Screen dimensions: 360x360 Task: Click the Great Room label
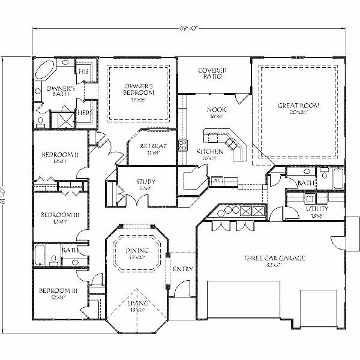coord(298,106)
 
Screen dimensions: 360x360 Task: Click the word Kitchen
coord(210,152)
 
